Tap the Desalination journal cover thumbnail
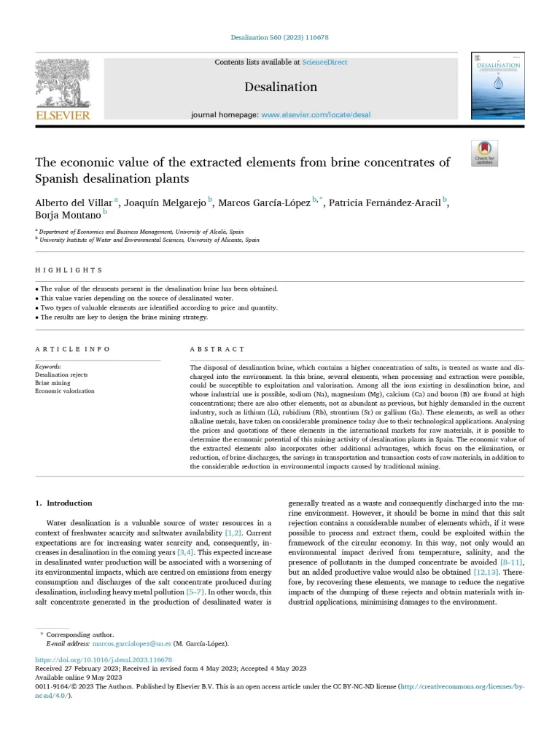[497, 86]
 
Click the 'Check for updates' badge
[485, 153]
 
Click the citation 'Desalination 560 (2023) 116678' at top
[279, 38]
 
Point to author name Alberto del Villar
[72, 203]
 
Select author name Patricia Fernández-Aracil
[385, 203]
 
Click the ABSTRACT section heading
[217, 350]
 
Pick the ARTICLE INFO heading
[69, 350]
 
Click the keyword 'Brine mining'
[52, 382]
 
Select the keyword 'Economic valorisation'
[65, 391]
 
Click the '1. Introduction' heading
[64, 503]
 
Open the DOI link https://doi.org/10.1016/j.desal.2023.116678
[104, 660]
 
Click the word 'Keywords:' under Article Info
[48, 366]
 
